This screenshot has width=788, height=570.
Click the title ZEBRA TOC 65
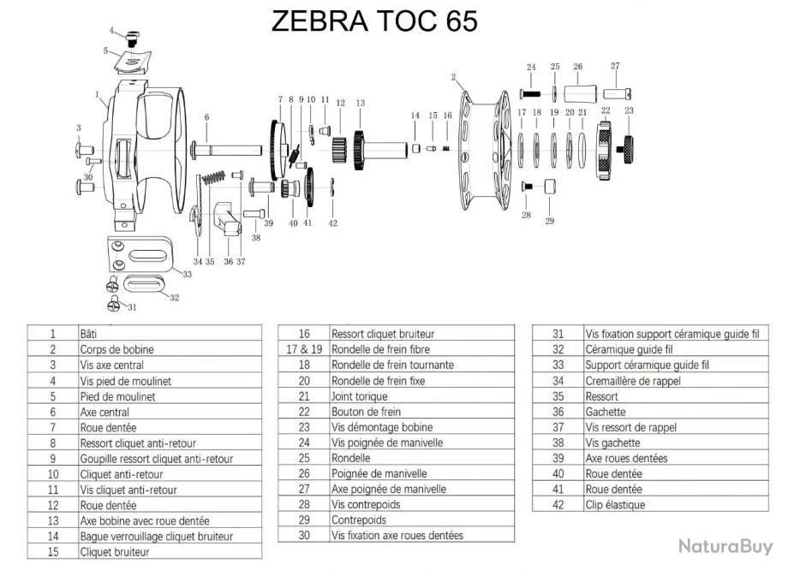[x=374, y=21]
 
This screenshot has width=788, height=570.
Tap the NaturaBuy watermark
[x=725, y=545]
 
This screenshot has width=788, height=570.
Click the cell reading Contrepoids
[x=358, y=520]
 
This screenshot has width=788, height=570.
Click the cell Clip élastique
[x=615, y=505]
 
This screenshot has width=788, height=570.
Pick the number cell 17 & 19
[x=303, y=349]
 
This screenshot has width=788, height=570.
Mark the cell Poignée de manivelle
[x=379, y=473]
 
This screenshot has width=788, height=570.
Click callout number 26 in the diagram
[x=578, y=67]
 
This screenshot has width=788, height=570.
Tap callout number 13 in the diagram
[x=360, y=103]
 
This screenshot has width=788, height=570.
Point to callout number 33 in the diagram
[x=187, y=275]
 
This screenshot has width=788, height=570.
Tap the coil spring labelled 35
[x=214, y=181]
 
